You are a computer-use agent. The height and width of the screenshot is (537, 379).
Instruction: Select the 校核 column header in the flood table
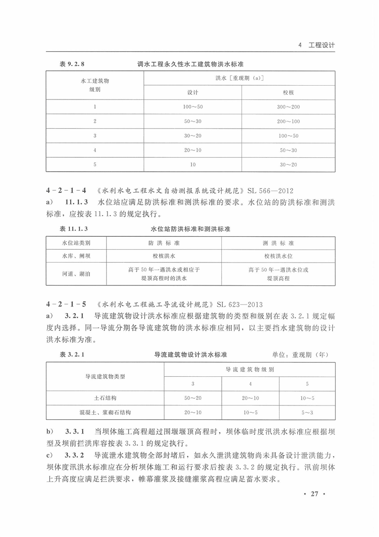(x=288, y=92)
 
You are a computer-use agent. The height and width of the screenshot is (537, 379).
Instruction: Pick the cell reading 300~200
(x=288, y=107)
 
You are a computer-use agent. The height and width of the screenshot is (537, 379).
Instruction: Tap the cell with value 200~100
(x=288, y=121)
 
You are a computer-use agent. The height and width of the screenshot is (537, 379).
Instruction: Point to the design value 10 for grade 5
(x=193, y=164)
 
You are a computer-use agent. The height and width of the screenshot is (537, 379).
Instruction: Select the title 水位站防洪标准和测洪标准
(x=190, y=229)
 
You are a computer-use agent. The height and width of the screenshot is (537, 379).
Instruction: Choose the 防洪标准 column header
(x=164, y=243)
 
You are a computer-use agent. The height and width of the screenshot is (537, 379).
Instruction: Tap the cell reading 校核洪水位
(x=278, y=256)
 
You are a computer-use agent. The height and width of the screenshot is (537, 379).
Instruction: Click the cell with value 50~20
(x=193, y=398)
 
